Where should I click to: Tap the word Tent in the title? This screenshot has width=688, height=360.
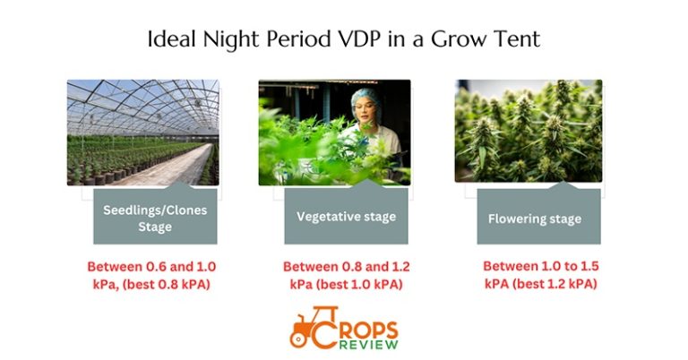pos(517,40)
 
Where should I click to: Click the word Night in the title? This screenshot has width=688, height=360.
pos(235,40)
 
